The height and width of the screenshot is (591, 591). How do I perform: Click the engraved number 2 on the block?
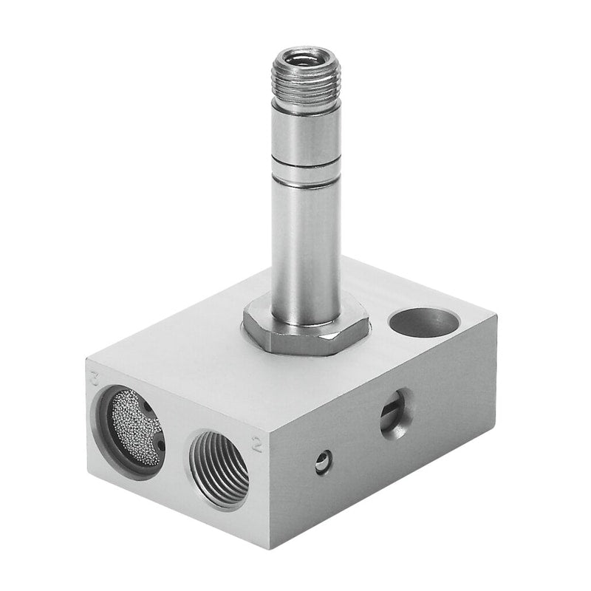pos(257,443)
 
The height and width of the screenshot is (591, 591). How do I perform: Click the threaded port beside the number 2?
pos(219,470)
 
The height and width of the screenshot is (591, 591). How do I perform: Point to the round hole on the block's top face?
pos(424,322)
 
